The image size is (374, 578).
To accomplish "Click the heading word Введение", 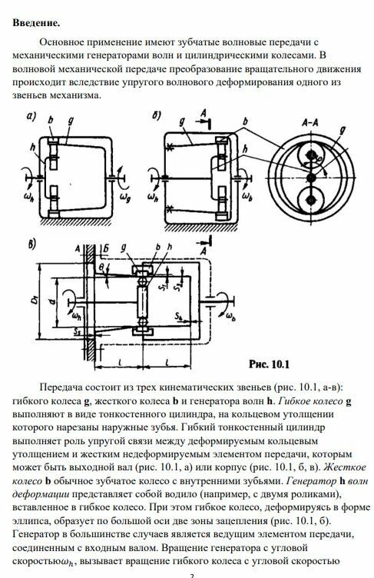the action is [36, 23].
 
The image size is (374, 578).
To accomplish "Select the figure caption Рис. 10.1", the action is [269, 364].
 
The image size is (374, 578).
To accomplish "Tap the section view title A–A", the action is [310, 123].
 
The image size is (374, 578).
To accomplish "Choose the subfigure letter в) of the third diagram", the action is [32, 244].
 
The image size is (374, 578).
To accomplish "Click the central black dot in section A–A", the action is [312, 178].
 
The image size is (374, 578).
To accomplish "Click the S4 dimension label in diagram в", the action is [180, 317].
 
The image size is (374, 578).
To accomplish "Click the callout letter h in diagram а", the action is [34, 148].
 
